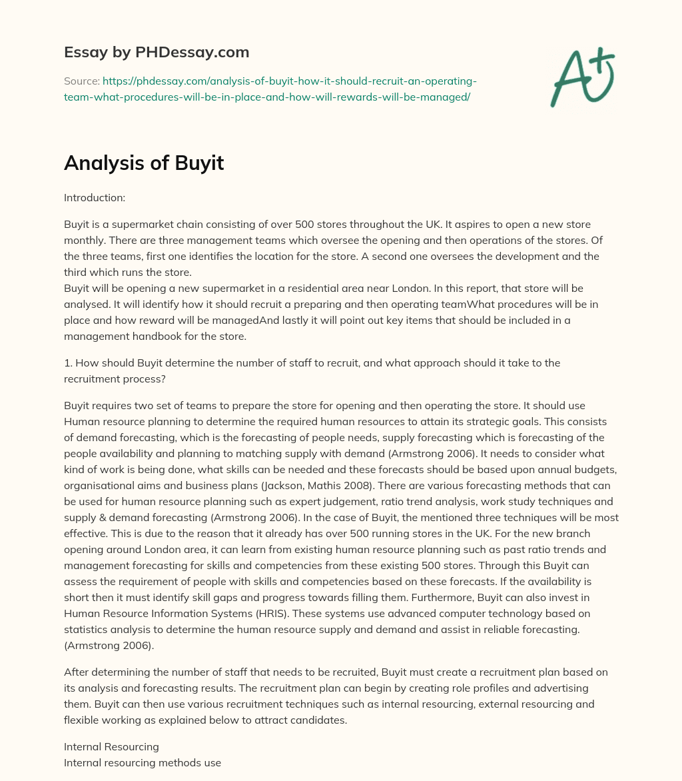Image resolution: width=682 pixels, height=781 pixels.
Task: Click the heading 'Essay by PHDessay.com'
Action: click(157, 52)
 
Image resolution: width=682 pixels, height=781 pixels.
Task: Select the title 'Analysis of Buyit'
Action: click(144, 163)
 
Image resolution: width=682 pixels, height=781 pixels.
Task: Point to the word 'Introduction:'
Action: click(95, 198)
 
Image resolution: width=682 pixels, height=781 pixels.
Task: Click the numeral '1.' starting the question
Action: click(68, 363)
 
